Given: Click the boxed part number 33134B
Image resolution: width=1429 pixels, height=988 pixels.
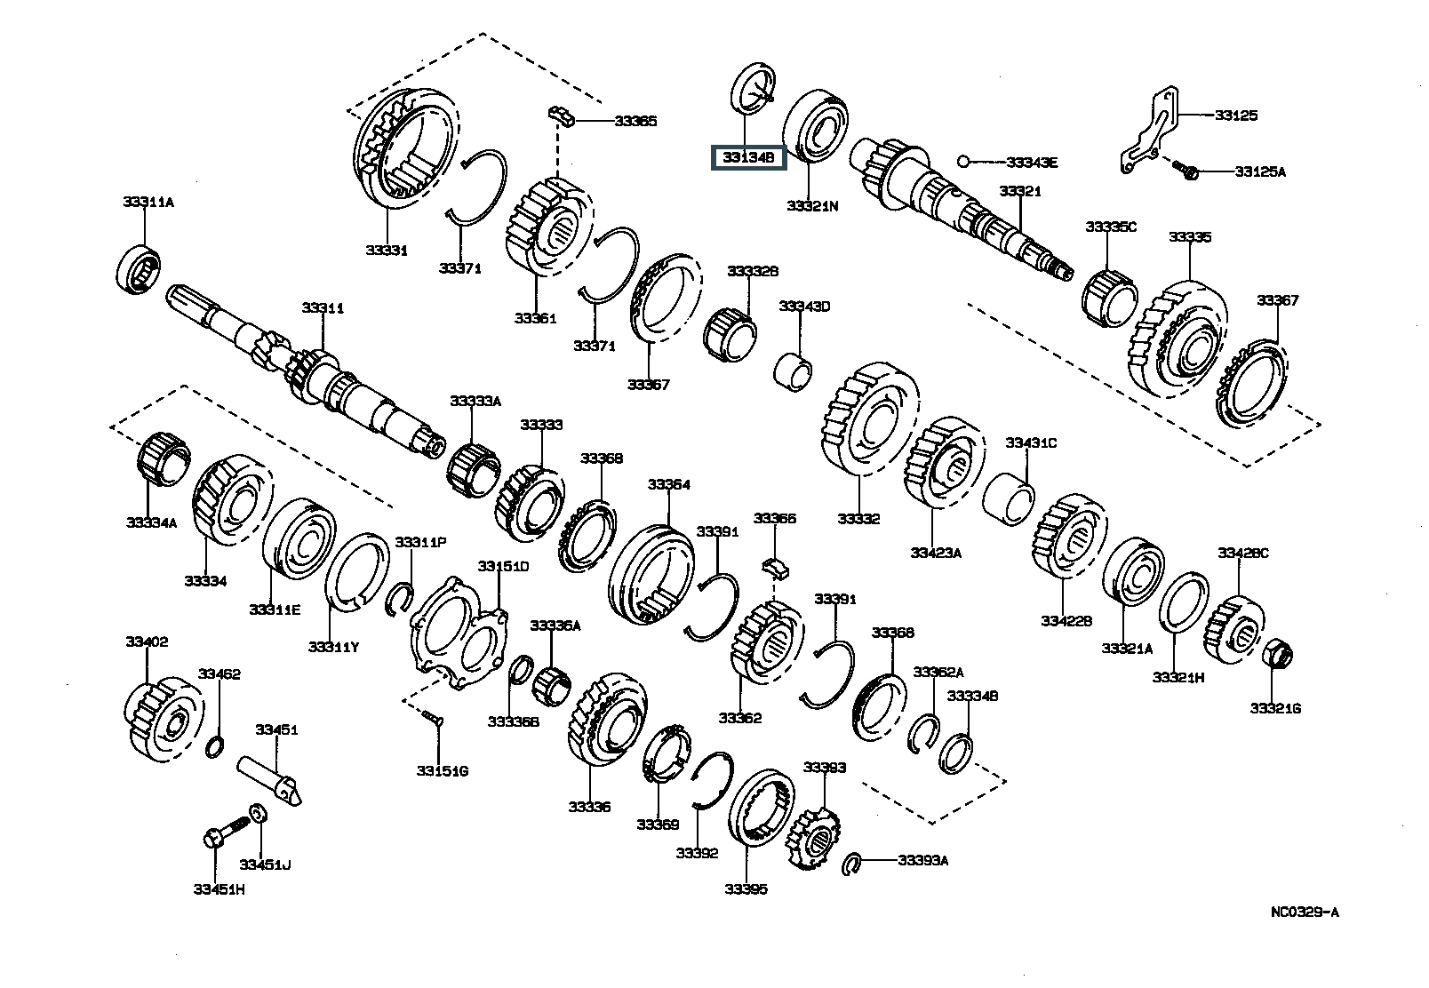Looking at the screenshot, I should point(747,158).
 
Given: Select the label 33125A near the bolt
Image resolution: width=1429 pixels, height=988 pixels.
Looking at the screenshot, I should point(1259,171).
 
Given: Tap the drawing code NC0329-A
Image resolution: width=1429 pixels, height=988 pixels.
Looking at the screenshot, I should point(1304,912).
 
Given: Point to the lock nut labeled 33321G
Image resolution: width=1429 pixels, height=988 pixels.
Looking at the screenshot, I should point(1277,655).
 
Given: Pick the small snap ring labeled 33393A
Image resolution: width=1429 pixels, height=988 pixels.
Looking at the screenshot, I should point(850,861).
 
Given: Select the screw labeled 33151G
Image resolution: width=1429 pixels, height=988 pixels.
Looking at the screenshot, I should point(433,718).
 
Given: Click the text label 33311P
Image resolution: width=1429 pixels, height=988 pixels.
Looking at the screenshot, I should point(420,542).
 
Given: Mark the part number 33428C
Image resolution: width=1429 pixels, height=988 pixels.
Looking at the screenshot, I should point(1242,553).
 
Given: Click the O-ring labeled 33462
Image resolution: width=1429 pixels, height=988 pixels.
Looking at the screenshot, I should point(214,748).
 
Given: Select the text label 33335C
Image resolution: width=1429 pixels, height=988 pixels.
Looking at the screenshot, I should point(1110,227).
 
